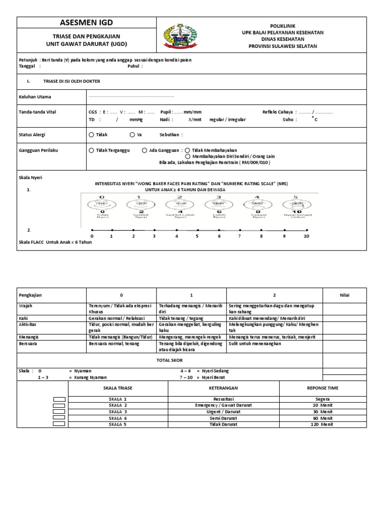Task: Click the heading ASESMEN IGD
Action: click(87, 22)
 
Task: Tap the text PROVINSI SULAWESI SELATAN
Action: click(282, 46)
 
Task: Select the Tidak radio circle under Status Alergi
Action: click(91, 135)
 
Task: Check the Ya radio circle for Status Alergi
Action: click(132, 135)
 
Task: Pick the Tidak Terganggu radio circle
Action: click(91, 150)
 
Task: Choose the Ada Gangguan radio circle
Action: click(144, 150)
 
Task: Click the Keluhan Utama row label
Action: click(34, 97)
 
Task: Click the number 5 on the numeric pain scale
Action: click(197, 236)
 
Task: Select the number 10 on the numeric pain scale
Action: click(306, 236)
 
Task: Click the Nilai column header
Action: click(345, 295)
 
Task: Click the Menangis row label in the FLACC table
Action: click(29, 337)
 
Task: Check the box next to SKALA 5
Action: click(59, 424)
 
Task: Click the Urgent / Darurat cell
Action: click(224, 412)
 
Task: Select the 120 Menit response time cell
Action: click(322, 424)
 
